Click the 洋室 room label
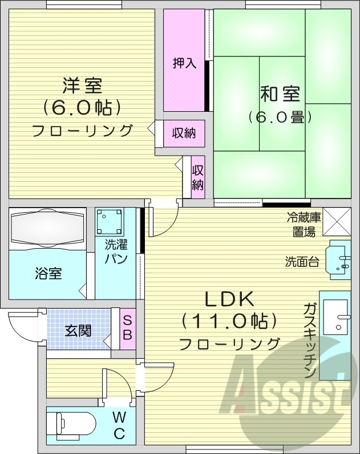pos(82,86)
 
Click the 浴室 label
pos(48,273)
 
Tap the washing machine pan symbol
pos(109,221)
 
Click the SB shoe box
pos(127,327)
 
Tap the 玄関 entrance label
pos(78,330)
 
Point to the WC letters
pos(119,425)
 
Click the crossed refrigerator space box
pos(337,222)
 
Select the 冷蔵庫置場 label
pos(304,224)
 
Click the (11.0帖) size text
pos(229,322)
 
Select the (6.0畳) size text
pos(280,117)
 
